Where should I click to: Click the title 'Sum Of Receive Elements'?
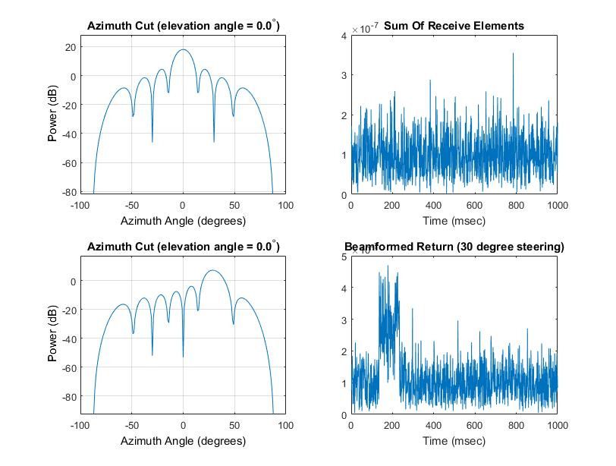454,26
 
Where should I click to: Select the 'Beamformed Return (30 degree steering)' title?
454,247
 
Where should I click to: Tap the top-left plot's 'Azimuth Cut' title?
183,26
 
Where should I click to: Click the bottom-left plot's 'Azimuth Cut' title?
183,247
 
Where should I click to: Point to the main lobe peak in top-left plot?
183,50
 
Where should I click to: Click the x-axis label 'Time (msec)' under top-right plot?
454,221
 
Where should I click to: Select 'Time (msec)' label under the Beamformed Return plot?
454,441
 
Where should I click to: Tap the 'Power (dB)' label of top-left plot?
53,115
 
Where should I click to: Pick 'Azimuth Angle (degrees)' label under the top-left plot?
183,221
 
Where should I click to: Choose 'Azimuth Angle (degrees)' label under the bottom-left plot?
183,441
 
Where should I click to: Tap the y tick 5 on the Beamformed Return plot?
344,257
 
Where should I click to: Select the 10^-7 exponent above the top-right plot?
369,28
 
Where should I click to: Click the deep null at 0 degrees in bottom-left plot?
183,356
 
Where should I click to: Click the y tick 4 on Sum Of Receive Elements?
344,36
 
